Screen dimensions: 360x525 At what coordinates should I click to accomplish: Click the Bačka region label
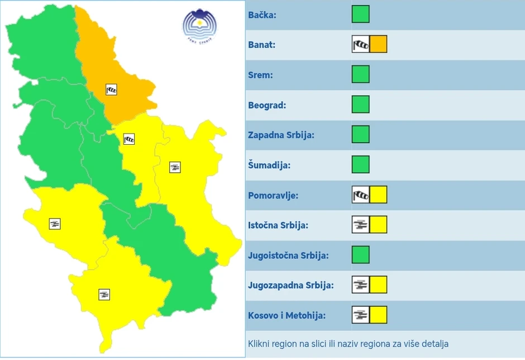point(262,15)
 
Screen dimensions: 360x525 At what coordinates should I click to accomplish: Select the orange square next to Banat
point(378,44)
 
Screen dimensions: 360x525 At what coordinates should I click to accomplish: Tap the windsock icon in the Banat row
point(361,44)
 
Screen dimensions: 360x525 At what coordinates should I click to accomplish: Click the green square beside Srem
point(361,74)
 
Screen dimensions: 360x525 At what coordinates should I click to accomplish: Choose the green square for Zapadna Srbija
point(361,135)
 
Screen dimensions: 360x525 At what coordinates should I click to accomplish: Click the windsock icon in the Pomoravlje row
point(361,195)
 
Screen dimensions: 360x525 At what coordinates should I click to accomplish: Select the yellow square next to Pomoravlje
point(378,195)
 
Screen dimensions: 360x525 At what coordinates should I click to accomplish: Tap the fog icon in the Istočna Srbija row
point(361,225)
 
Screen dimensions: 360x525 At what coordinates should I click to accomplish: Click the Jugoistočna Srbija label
point(288,255)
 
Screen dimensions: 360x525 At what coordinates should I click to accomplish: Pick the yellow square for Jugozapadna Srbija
point(378,285)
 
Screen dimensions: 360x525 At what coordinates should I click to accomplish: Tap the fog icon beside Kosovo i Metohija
point(361,315)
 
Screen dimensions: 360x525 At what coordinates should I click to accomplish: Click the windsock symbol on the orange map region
point(111,89)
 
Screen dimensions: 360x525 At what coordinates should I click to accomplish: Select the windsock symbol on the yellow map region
point(129,139)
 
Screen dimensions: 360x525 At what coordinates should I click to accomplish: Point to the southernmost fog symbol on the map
point(104,294)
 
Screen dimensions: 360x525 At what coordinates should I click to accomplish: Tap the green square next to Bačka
point(361,15)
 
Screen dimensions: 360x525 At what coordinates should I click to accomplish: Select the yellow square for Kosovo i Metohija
point(378,315)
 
